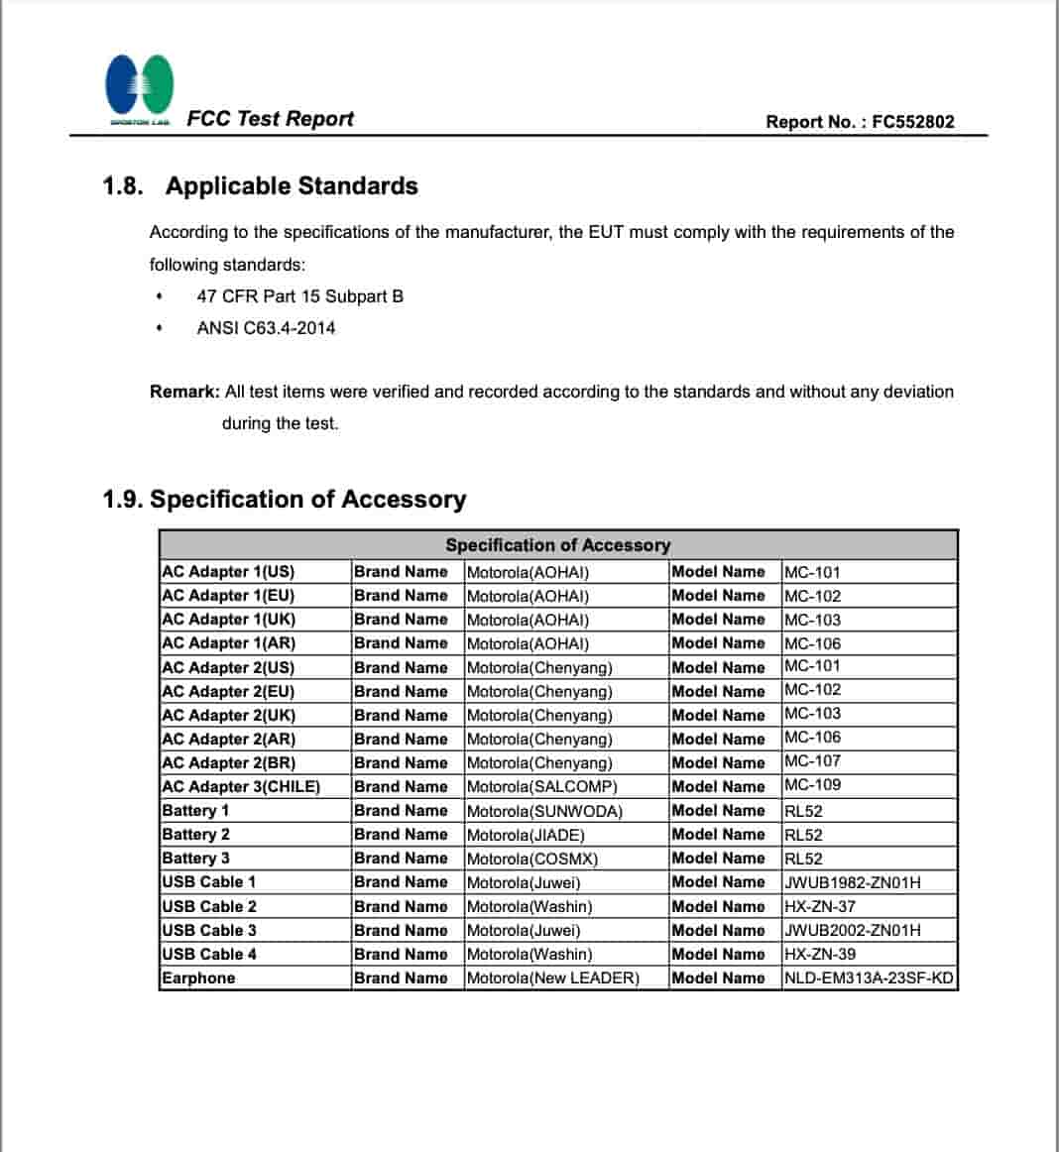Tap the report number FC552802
coord(913,122)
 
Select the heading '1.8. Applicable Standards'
coord(260,186)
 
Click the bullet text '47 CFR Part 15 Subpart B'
coord(299,296)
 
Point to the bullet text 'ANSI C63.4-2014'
coord(266,328)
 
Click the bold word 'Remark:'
coord(184,392)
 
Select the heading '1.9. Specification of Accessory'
coord(284,499)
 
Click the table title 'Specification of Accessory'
coord(557,545)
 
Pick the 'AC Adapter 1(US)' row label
coord(228,572)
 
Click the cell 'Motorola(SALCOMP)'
coord(541,787)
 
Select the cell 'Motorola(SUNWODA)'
coord(544,811)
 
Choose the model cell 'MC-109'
coord(812,785)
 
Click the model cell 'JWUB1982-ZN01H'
coord(852,882)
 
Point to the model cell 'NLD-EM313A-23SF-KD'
coord(868,979)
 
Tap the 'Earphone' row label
coord(198,979)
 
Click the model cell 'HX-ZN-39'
coord(819,955)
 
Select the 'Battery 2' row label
coord(195,835)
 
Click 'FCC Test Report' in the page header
coord(270,119)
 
